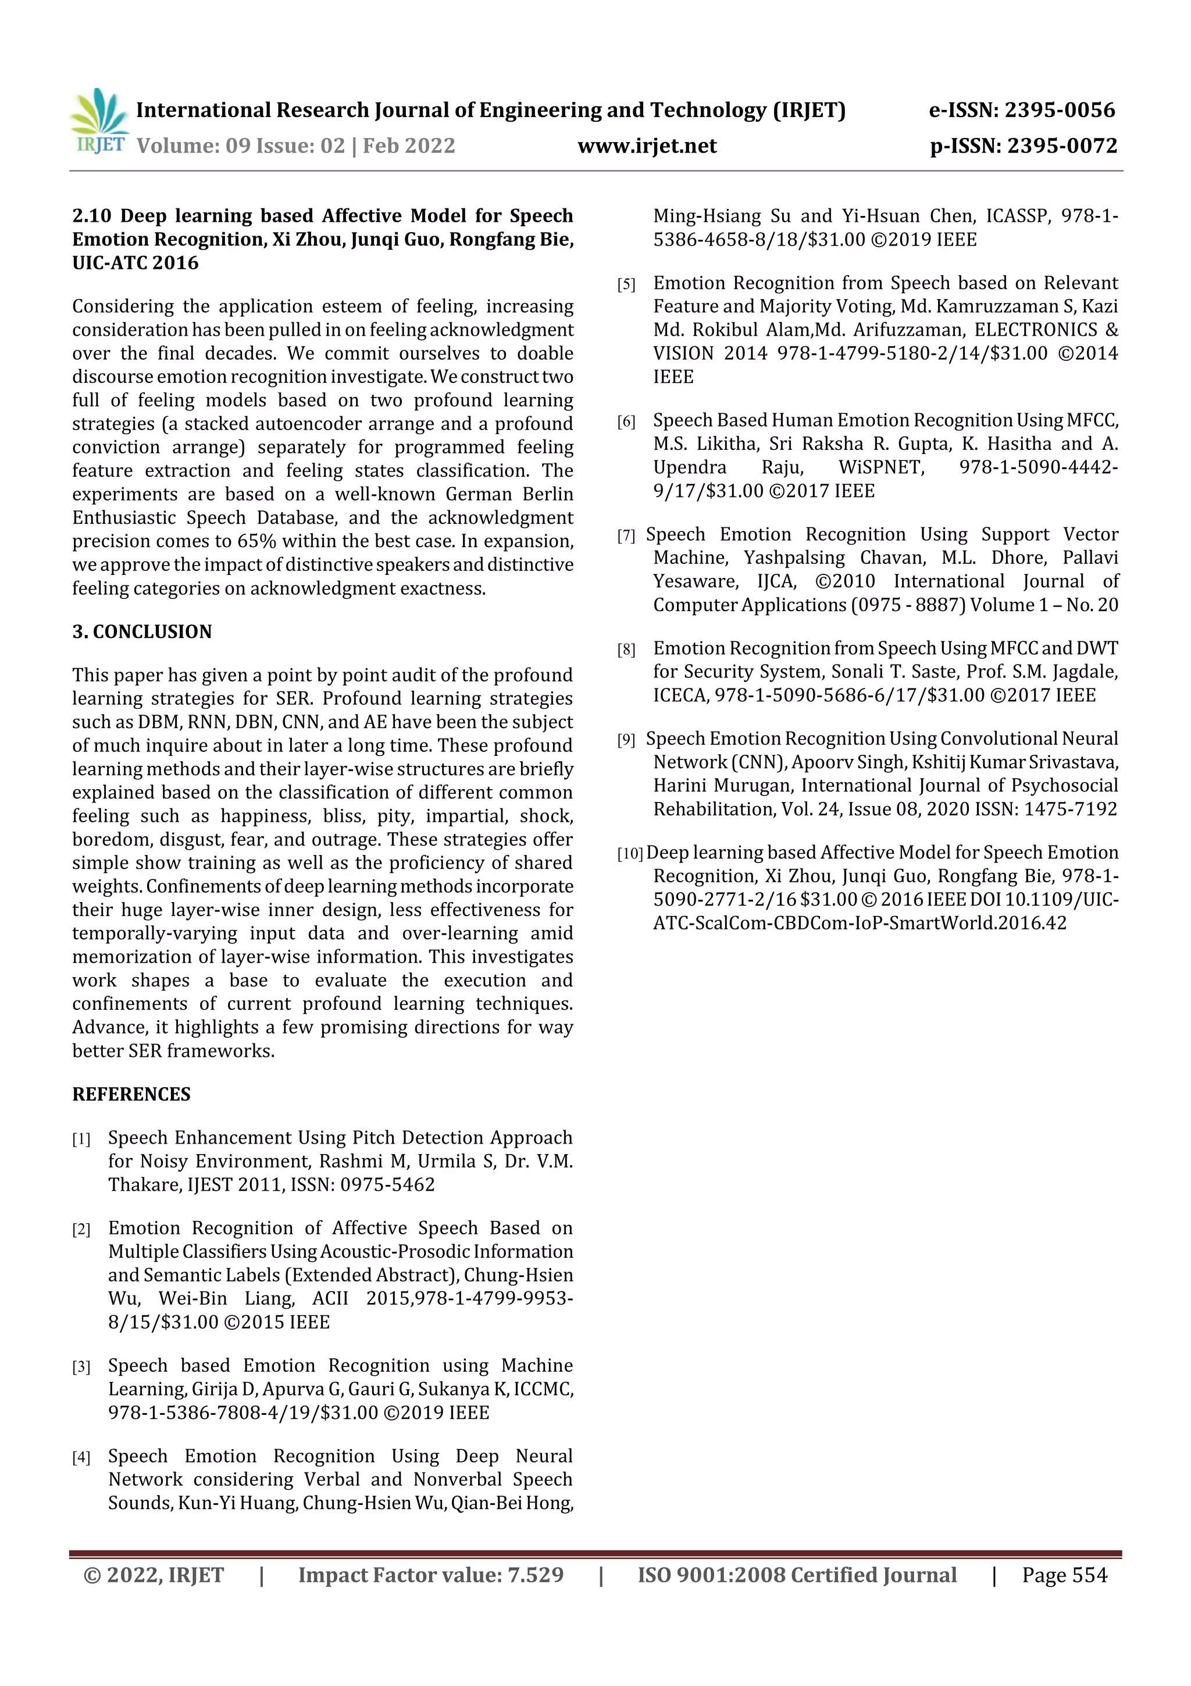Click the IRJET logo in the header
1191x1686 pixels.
(99, 122)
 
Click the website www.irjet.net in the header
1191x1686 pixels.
(647, 146)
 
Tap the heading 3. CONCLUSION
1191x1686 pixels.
(142, 631)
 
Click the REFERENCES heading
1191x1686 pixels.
(131, 1094)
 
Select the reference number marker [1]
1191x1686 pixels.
(81, 1139)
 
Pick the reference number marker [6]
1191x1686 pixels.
(626, 421)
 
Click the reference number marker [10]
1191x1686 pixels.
(630, 853)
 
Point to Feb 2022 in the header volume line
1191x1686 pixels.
(409, 146)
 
